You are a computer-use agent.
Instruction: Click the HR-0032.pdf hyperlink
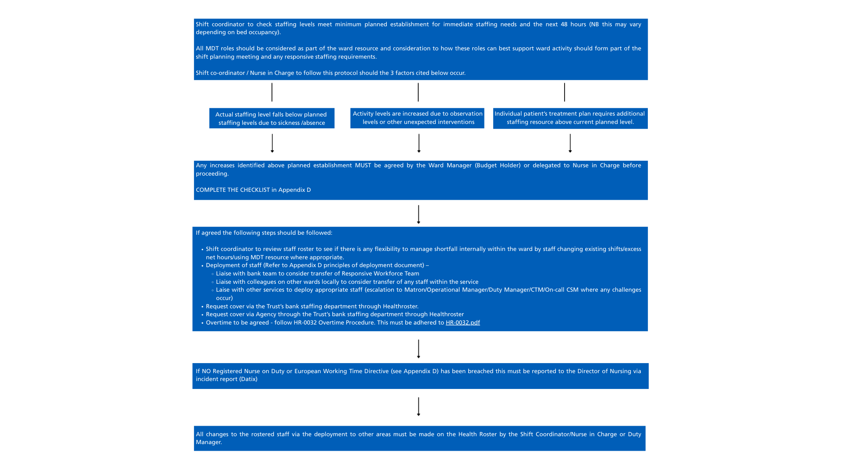[x=463, y=323]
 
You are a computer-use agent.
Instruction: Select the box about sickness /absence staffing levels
[x=272, y=118]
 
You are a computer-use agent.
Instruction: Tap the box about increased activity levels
[x=417, y=118]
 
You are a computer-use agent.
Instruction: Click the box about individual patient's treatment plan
[x=570, y=118]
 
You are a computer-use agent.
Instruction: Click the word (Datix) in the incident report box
[x=248, y=379]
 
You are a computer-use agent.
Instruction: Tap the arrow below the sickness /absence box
[x=272, y=143]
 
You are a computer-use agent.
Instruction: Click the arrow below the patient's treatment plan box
[x=570, y=143]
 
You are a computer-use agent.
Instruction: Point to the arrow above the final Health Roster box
[x=418, y=406]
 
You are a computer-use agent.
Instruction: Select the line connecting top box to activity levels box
[x=418, y=92]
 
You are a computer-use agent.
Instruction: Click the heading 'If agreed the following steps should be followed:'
[x=264, y=233]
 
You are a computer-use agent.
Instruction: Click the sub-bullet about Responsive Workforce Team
[x=317, y=274]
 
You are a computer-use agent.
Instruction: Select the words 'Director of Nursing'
[x=604, y=371]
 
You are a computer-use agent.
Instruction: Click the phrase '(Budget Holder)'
[x=498, y=166]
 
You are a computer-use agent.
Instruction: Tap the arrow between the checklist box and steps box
[x=418, y=214]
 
